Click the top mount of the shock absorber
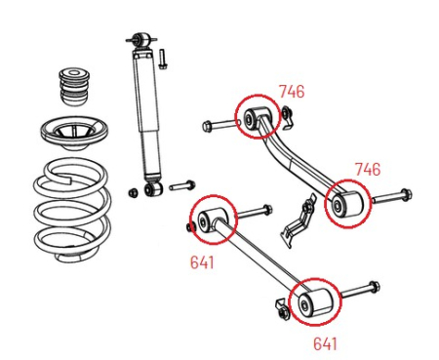pyautogui.click(x=142, y=40)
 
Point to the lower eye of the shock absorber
pyautogui.click(x=151, y=186)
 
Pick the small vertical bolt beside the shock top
pyautogui.click(x=165, y=57)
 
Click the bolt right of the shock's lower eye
pyautogui.click(x=182, y=183)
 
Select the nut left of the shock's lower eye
pyautogui.click(x=133, y=190)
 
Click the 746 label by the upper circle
pyautogui.click(x=291, y=93)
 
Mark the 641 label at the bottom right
pyautogui.click(x=326, y=342)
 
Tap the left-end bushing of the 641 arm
pyautogui.click(x=211, y=220)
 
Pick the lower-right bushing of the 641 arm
pyautogui.click(x=311, y=303)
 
